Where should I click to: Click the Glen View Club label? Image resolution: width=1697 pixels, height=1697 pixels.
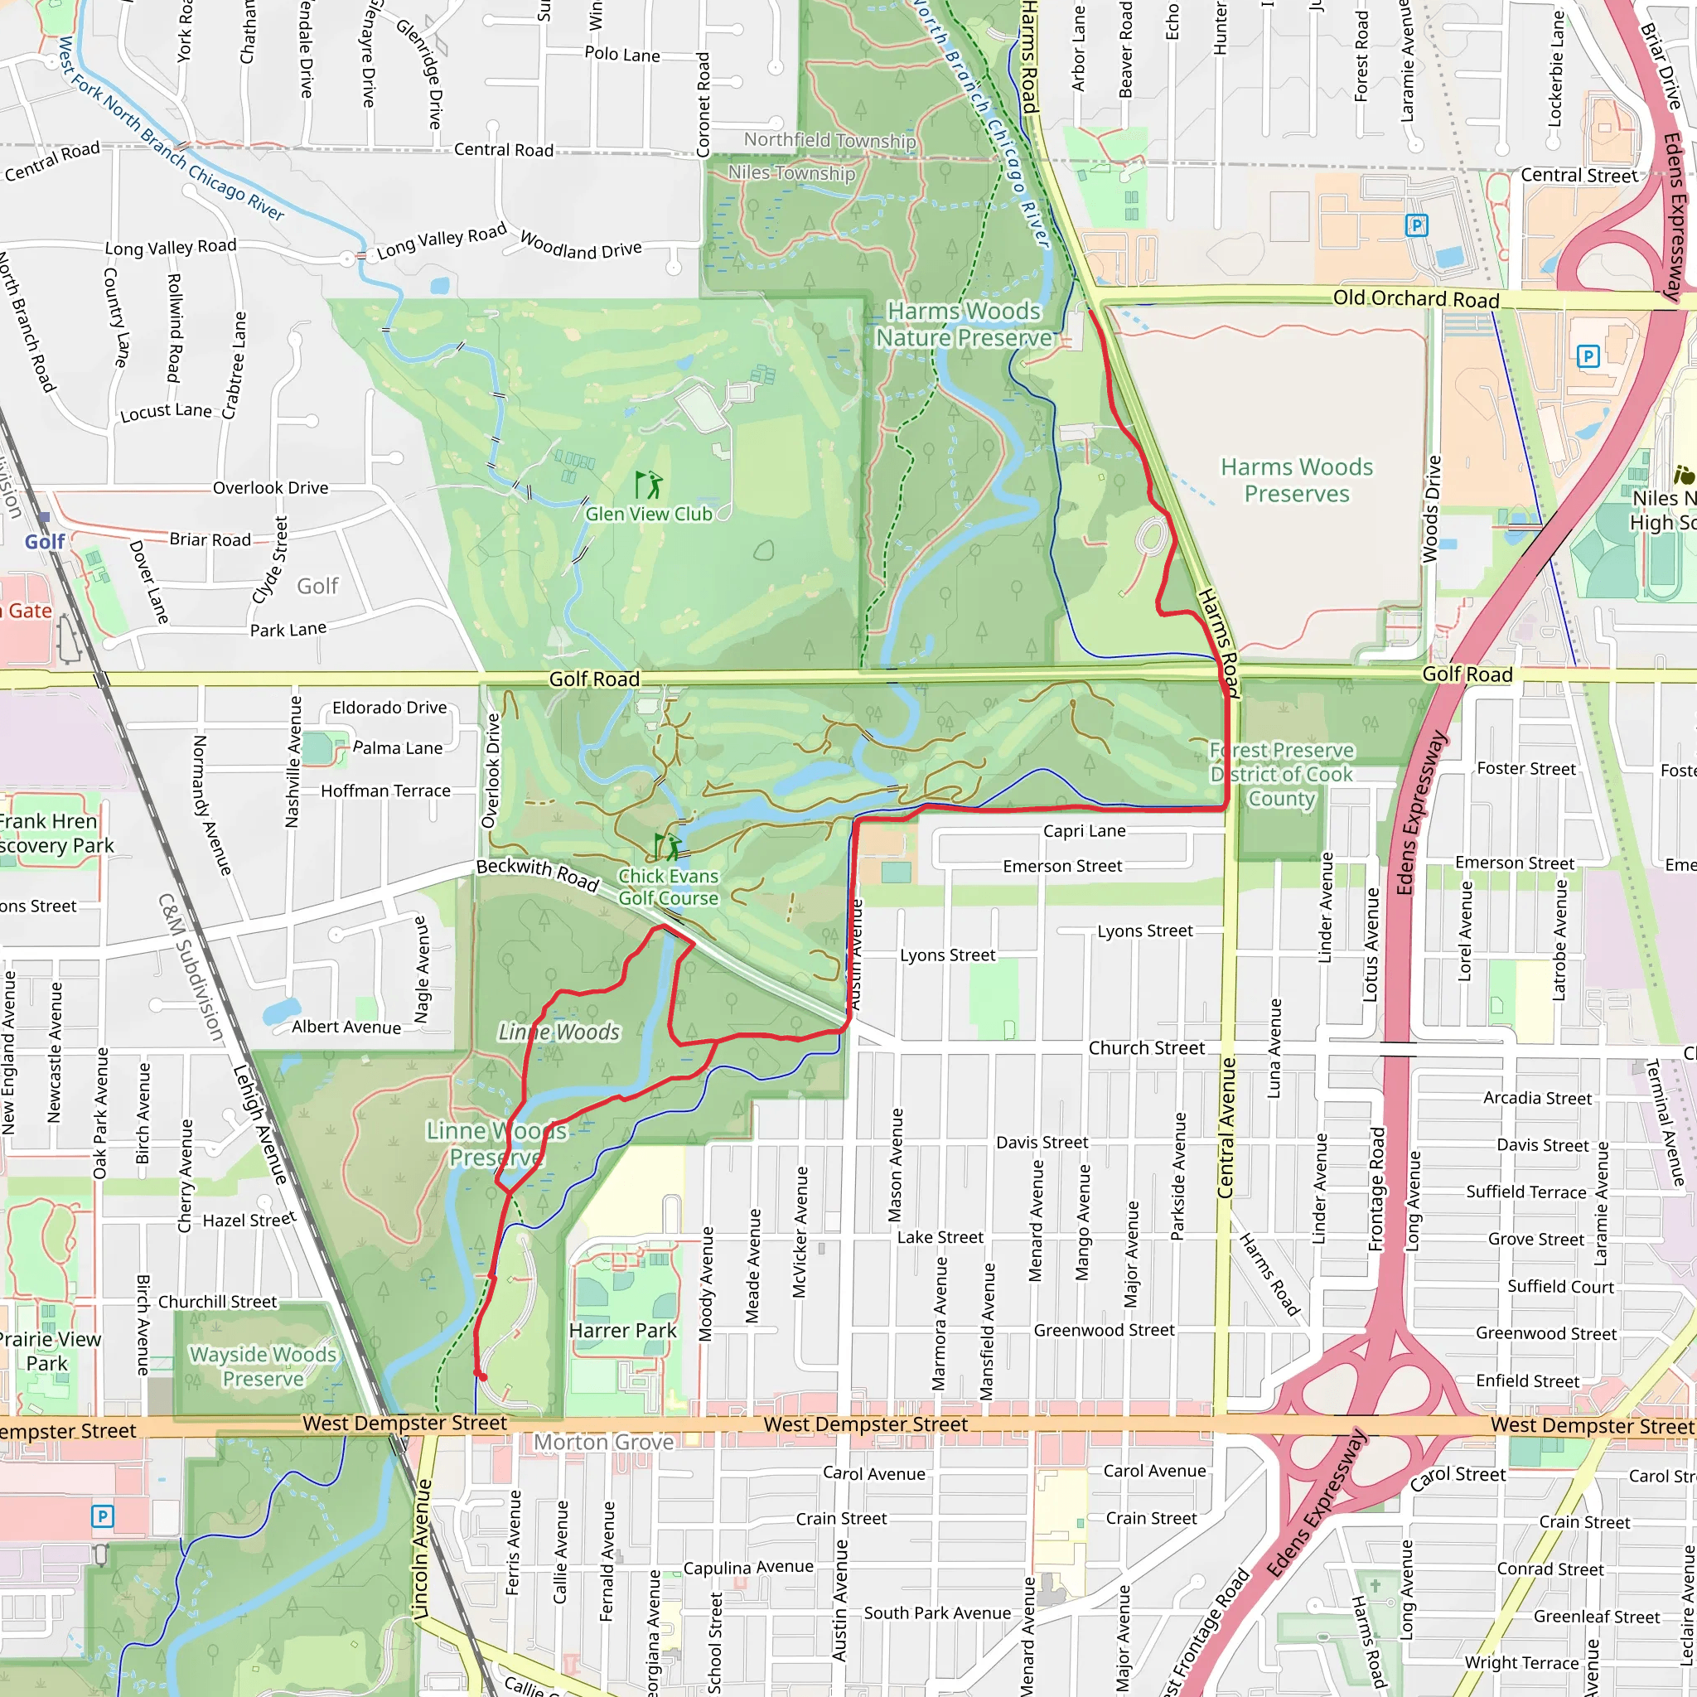[648, 514]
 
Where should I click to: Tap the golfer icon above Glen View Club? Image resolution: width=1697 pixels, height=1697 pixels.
[648, 484]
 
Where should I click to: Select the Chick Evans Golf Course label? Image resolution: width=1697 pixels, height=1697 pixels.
[668, 887]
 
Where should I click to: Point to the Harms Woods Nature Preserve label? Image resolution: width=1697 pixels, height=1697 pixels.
[964, 324]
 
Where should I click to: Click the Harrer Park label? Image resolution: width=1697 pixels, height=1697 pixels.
[622, 1330]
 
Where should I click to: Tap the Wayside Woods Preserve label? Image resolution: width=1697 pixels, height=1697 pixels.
[263, 1366]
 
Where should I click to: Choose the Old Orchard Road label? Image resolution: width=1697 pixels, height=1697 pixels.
[1415, 298]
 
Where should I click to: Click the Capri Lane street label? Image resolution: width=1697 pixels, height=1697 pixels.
[1084, 830]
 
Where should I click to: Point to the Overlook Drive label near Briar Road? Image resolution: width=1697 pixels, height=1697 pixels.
[270, 487]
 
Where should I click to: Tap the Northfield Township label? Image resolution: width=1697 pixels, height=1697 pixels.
[829, 140]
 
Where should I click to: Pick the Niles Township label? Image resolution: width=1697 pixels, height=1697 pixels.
[790, 173]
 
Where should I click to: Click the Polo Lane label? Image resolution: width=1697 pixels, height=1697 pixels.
[622, 55]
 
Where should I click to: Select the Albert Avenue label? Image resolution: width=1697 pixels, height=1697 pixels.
[346, 1026]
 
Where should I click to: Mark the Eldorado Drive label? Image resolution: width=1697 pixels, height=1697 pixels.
[389, 707]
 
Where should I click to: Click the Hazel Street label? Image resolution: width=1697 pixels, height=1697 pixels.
[249, 1219]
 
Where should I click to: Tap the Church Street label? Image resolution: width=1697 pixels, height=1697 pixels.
[1146, 1047]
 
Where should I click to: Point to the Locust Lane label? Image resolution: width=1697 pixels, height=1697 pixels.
[166, 411]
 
